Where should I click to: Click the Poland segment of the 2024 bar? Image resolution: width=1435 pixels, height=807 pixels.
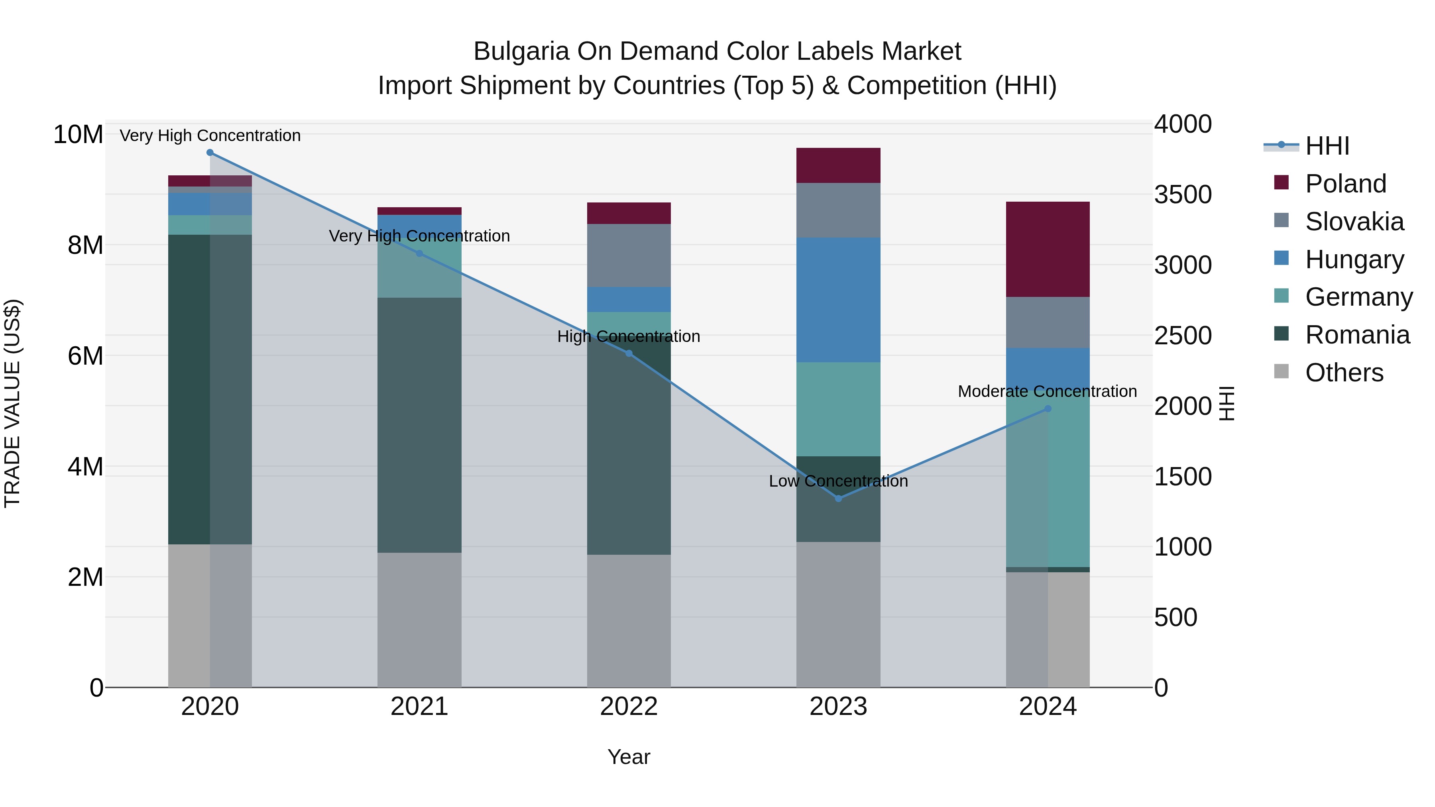(x=1047, y=249)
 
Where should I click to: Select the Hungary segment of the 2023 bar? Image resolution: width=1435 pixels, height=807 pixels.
(x=838, y=300)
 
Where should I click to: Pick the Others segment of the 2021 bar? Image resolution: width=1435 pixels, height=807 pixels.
(x=419, y=619)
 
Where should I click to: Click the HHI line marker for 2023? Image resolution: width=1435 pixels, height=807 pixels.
(x=838, y=499)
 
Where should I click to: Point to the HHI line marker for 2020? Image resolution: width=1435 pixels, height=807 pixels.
(x=210, y=153)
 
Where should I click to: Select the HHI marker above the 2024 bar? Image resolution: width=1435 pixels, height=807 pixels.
(x=1047, y=409)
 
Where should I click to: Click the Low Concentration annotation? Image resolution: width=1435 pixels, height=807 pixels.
(x=838, y=481)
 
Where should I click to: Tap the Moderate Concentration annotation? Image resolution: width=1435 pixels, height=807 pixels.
(x=1047, y=391)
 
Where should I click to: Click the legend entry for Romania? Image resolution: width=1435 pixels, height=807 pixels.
(x=1357, y=335)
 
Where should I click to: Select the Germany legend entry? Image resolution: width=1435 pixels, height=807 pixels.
(x=1359, y=297)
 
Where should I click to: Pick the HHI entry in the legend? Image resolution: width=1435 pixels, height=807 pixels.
(x=1327, y=146)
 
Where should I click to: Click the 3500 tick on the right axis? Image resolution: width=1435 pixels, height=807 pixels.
(x=1182, y=195)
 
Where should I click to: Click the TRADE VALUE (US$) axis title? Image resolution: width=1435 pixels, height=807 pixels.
(x=13, y=403)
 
